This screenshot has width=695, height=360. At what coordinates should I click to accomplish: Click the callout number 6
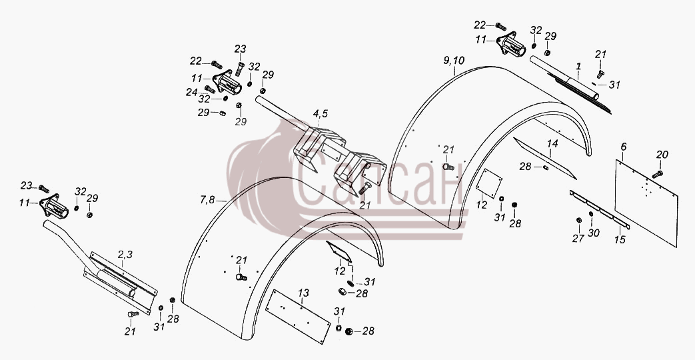(x=624, y=146)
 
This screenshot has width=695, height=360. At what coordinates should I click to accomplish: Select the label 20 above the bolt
(x=662, y=155)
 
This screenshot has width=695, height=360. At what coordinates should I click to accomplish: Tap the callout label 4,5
(x=320, y=114)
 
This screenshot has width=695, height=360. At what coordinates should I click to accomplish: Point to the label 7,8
(x=207, y=201)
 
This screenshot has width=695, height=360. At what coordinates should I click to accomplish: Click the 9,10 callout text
(x=454, y=60)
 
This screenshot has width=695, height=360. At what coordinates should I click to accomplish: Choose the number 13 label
(x=303, y=293)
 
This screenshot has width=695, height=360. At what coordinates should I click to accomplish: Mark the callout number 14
(x=552, y=143)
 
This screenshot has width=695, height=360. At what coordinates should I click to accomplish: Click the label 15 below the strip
(x=620, y=240)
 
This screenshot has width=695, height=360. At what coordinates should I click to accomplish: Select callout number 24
(x=191, y=92)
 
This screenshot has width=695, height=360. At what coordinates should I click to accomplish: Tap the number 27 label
(x=578, y=239)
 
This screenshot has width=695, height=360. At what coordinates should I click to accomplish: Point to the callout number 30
(x=594, y=232)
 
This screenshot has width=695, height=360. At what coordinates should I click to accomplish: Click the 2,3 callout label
(x=125, y=255)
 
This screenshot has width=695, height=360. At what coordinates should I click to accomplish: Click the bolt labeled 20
(x=657, y=174)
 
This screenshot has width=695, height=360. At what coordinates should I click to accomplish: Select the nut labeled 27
(x=579, y=221)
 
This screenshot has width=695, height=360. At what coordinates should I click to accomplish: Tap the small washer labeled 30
(x=591, y=214)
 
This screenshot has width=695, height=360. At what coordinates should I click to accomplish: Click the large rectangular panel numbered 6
(x=646, y=203)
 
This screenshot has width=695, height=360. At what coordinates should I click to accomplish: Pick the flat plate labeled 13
(x=298, y=317)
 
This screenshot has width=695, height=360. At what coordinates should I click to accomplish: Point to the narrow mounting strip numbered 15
(x=599, y=209)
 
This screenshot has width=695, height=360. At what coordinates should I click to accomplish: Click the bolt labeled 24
(x=210, y=89)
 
